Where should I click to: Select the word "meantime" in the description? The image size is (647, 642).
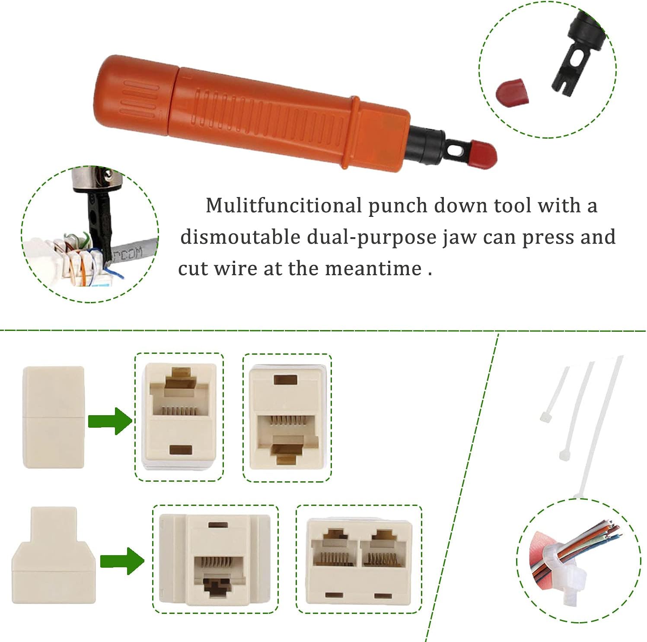click(x=373, y=269)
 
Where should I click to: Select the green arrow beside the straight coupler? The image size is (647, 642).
click(x=110, y=420)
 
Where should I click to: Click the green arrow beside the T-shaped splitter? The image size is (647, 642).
click(x=122, y=561)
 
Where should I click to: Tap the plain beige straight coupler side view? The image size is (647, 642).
click(x=54, y=417)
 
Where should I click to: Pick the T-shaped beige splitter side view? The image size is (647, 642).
click(x=54, y=555)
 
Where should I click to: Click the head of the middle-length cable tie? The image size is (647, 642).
click(x=565, y=455)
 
